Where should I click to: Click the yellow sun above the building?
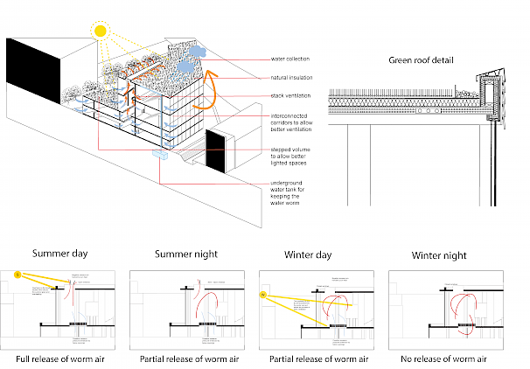100,31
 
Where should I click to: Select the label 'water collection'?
292,59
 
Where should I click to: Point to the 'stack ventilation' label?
293,95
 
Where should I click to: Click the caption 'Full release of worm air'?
62,359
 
